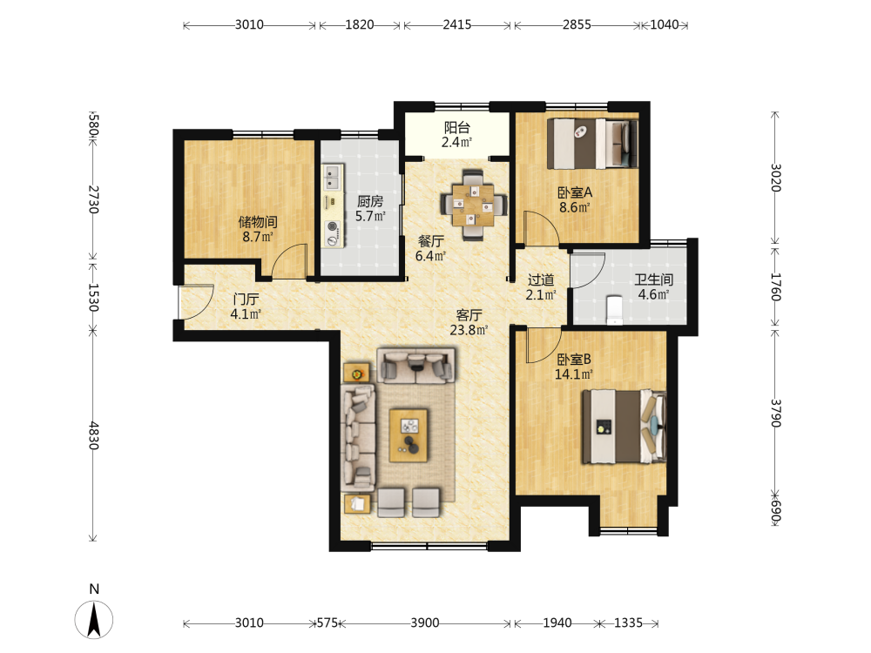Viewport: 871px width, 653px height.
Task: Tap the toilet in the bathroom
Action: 614,310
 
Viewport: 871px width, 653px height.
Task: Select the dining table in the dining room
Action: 473,205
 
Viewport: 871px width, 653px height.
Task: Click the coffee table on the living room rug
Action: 408,435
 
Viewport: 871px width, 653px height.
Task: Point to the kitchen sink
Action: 332,177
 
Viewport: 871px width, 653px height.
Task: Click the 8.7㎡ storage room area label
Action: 258,237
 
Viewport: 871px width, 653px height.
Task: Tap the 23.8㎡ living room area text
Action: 469,330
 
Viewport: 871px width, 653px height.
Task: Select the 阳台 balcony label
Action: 456,128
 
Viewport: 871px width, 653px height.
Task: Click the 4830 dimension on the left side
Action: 94,435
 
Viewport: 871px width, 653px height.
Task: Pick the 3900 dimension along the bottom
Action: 425,623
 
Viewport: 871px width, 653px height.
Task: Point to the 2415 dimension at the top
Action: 457,24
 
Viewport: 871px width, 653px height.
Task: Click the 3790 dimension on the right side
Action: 775,413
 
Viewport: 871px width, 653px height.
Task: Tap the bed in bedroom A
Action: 592,144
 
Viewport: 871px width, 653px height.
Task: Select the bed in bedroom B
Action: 624,427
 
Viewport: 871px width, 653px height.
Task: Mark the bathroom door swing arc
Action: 588,271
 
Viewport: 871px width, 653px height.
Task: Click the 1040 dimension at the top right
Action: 665,24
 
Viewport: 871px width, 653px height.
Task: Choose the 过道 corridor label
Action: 541,279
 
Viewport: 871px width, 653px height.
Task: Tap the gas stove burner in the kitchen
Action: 333,226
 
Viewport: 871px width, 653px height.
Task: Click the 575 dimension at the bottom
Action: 327,623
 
